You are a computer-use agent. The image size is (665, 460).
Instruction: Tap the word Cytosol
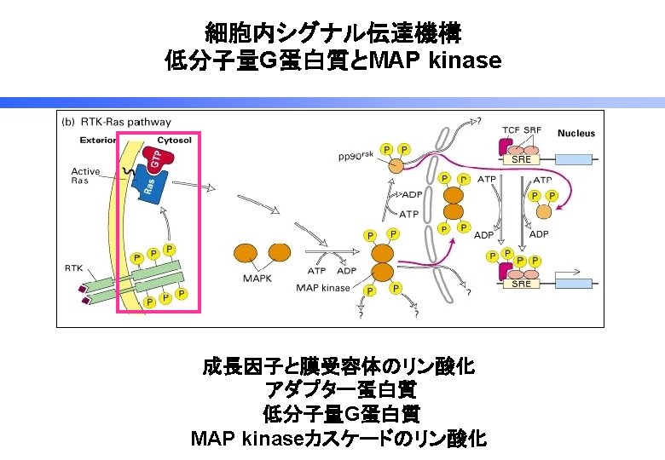175,140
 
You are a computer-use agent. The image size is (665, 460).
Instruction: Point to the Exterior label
98,140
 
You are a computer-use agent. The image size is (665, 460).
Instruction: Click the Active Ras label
85,175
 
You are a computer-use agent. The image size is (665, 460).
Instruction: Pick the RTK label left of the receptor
74,267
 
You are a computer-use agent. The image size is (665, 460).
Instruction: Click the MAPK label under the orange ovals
257,278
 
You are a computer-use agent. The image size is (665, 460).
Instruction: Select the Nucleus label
576,133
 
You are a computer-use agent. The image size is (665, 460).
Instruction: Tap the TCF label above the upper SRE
511,129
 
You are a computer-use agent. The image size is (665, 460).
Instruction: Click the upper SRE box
521,159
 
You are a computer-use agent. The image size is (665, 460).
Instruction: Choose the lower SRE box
521,284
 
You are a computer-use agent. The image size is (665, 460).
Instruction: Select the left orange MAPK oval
246,253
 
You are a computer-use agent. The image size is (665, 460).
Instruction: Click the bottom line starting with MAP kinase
338,439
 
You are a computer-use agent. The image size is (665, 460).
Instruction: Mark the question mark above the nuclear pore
478,120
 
